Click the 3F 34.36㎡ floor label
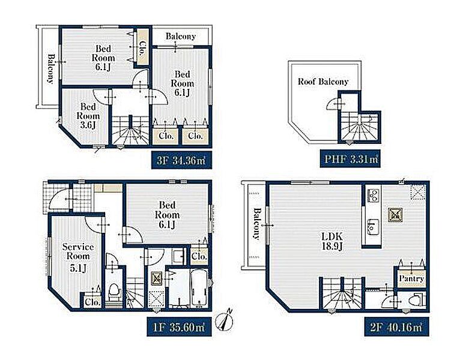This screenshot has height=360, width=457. click(181, 160)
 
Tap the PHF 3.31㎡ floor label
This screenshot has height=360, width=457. click(350, 159)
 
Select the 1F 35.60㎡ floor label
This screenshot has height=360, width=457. click(179, 327)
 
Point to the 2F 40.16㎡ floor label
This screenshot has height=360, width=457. click(397, 327)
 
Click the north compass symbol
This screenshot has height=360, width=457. click(224, 322)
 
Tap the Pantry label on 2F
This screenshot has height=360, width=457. click(411, 278)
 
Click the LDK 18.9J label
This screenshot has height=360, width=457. click(332, 241)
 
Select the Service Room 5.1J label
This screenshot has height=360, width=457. click(78, 257)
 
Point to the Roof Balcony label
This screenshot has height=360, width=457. click(323, 82)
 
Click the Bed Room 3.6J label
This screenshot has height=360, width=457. click(88, 116)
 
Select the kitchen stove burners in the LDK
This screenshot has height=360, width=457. click(373, 195)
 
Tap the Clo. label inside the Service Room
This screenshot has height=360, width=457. click(92, 302)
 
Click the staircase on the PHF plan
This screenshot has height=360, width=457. click(360, 127)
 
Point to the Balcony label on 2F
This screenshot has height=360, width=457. click(257, 223)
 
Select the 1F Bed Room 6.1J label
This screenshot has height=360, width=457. click(167, 215)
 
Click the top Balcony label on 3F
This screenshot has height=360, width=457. click(180, 37)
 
